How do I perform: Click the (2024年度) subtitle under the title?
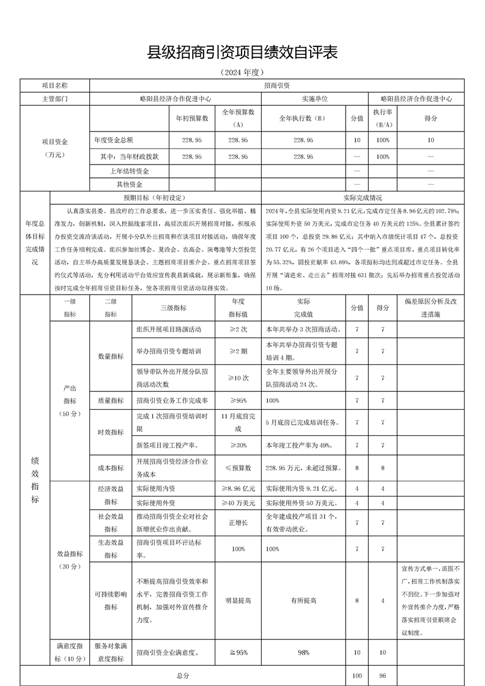[x=242, y=72]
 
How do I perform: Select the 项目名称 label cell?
[x=55, y=86]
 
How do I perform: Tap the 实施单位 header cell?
[x=314, y=98]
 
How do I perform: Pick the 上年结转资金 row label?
[x=130, y=171]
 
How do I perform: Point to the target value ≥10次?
[x=238, y=378]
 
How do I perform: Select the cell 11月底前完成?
[x=238, y=422]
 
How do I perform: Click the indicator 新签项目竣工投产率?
[x=166, y=444]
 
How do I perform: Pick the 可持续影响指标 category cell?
[x=111, y=600]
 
